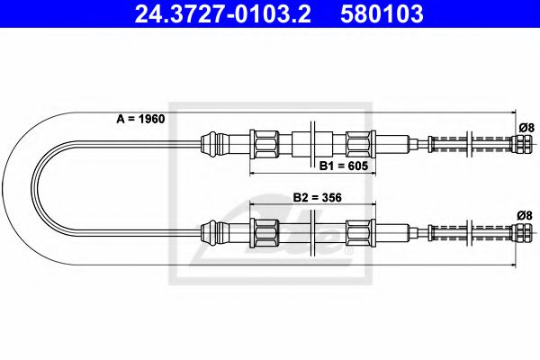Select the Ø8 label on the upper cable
pos(526,127)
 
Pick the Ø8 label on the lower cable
pos(526,216)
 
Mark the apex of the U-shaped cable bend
pos(33,188)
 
